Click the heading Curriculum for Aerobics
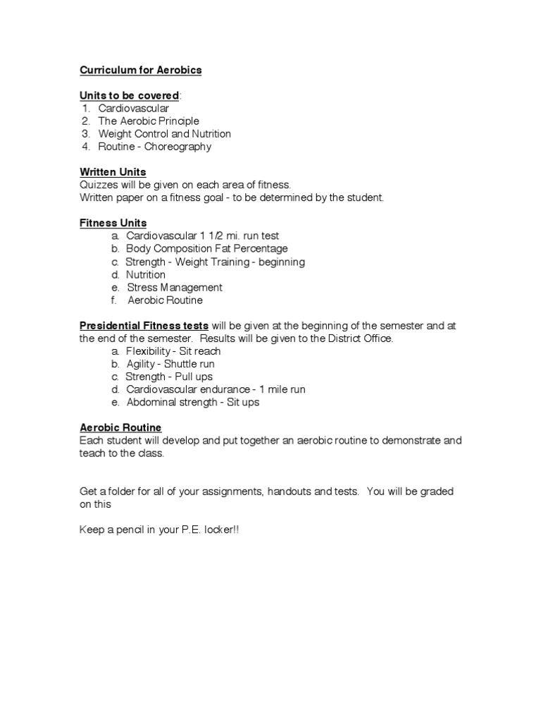[140, 70]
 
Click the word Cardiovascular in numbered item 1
[133, 109]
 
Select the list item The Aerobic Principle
[149, 121]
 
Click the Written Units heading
[113, 172]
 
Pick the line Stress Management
[175, 288]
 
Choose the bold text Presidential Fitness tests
[144, 326]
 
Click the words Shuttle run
[189, 365]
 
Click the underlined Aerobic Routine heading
[120, 428]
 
